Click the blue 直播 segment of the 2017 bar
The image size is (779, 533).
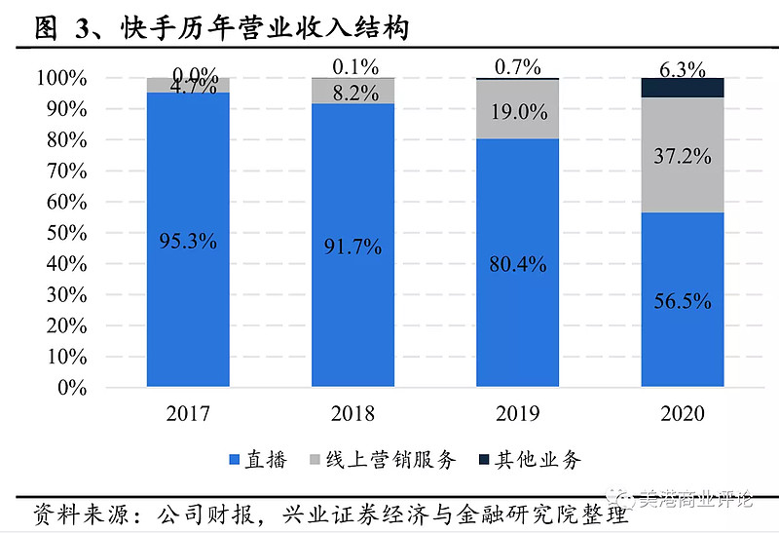pos(188,292)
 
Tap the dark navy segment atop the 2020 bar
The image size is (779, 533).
pos(683,88)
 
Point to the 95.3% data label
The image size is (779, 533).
pos(188,241)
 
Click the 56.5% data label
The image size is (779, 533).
pos(683,301)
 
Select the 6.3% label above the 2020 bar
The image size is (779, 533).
pos(683,69)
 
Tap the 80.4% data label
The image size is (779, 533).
pos(518,263)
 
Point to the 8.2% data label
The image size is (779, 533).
pos(352,95)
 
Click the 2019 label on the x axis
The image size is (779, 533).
pos(518,414)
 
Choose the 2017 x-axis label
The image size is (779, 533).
pos(188,414)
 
